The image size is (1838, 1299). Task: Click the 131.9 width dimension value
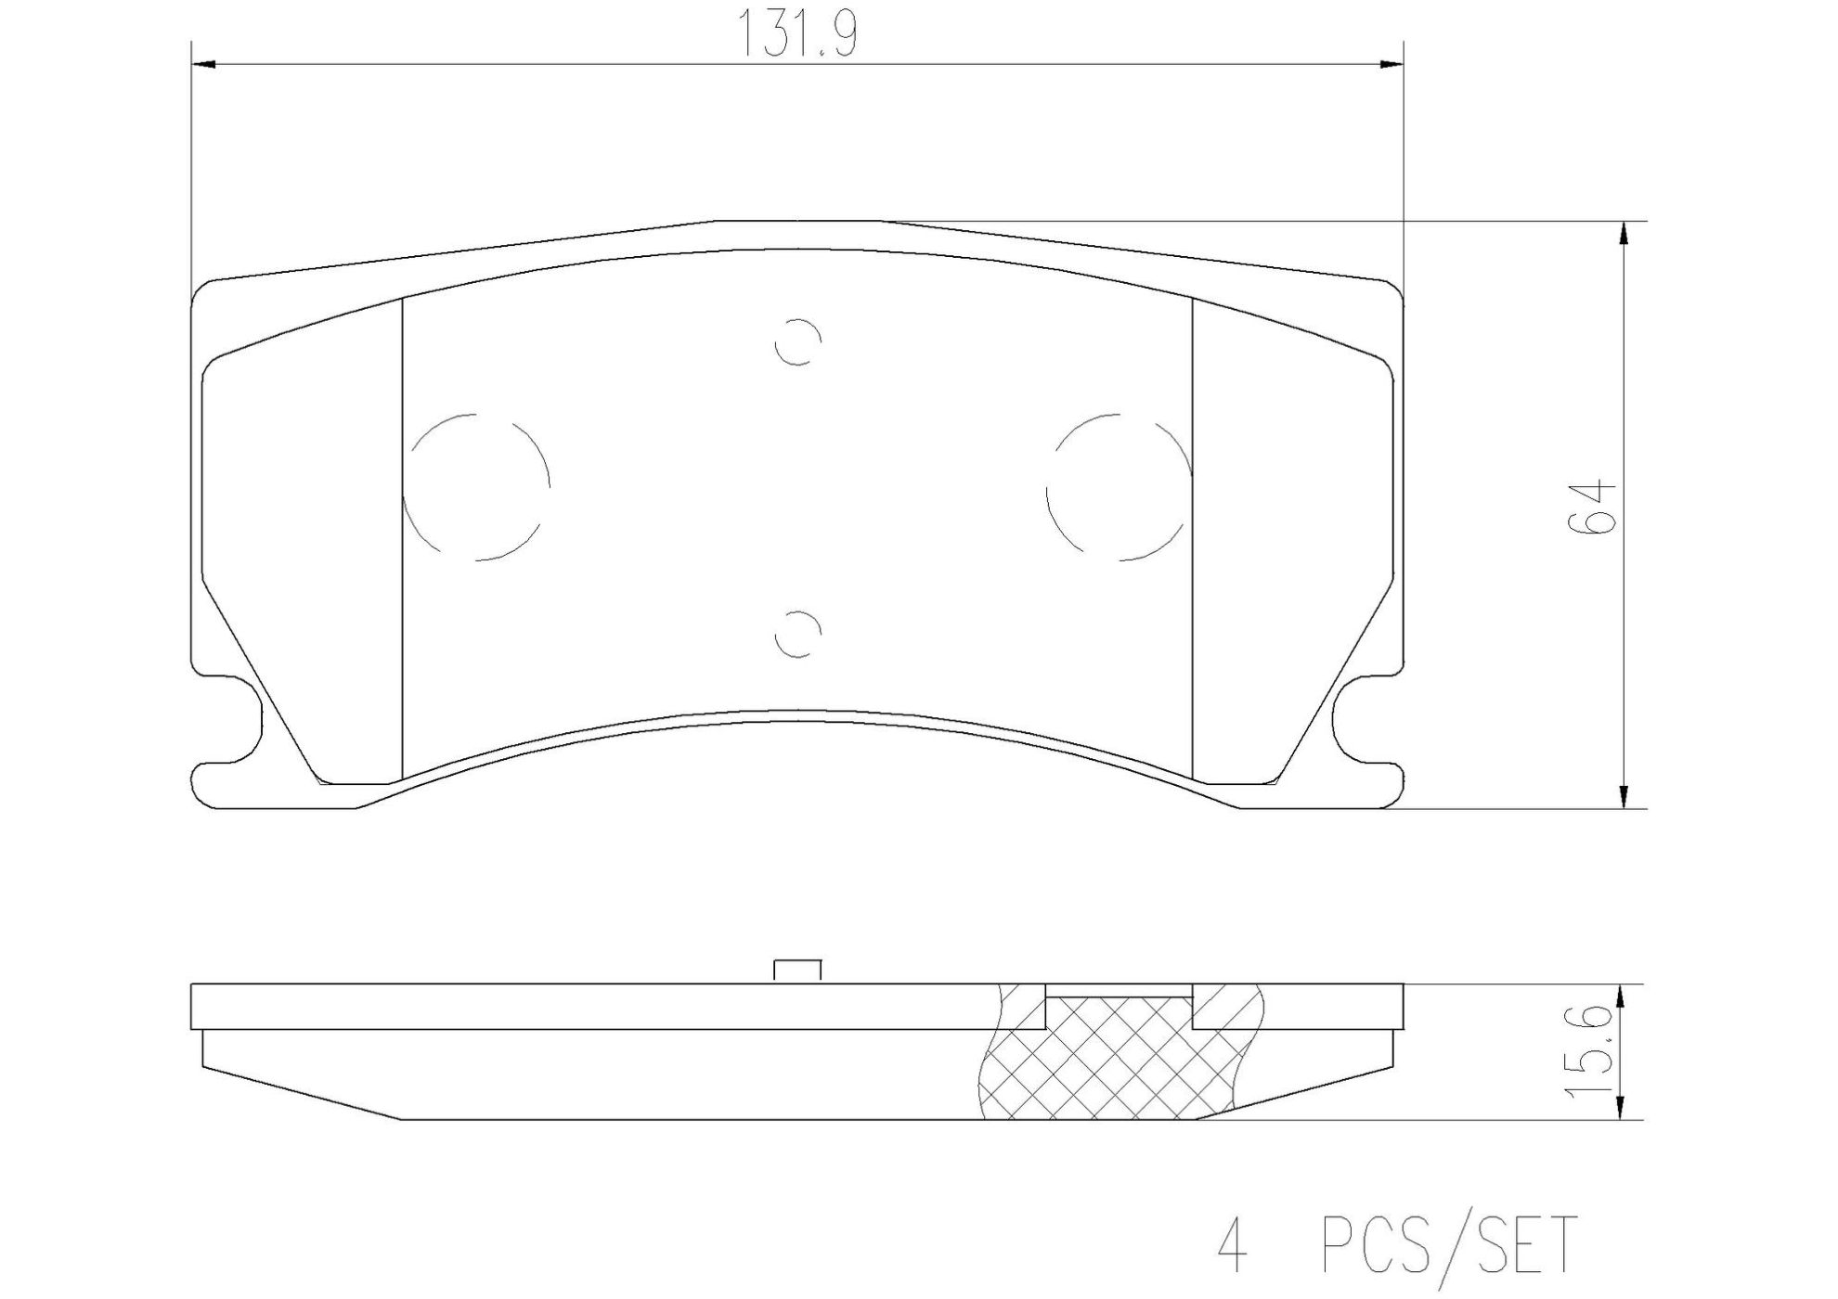coord(797,36)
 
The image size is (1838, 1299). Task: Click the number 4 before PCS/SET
coord(1232,1245)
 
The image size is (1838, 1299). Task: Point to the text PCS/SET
coord(1447,1245)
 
